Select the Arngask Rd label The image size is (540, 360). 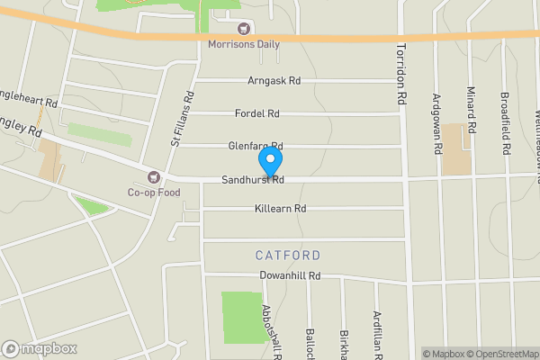[x=274, y=80]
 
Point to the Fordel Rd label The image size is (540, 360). [x=256, y=113]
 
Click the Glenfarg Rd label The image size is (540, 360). [x=256, y=146]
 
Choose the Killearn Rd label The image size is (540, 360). [x=281, y=209]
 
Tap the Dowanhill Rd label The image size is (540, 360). [x=290, y=276]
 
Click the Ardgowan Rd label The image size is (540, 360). [x=437, y=124]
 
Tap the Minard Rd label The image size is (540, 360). [x=471, y=106]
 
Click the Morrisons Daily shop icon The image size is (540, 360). [x=244, y=29]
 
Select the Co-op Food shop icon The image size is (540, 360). [x=154, y=177]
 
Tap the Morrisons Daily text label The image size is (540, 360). [x=244, y=44]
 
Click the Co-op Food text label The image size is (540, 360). [x=154, y=193]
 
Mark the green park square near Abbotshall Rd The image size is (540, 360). [x=238, y=310]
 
